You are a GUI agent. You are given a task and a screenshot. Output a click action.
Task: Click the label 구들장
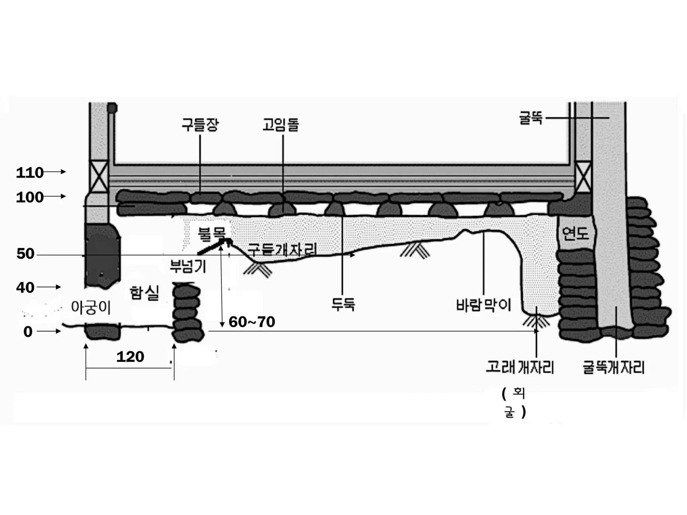[200, 125]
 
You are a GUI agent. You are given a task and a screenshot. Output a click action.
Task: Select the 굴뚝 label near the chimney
[531, 118]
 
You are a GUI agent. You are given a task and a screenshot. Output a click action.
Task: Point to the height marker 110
[30, 172]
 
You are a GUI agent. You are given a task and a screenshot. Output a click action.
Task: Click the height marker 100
[30, 197]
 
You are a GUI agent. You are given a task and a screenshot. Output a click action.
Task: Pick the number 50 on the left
[25, 254]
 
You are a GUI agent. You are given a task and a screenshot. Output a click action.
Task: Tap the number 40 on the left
[25, 288]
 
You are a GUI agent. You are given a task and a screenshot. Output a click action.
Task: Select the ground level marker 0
[28, 332]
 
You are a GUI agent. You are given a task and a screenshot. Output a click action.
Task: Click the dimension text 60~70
[252, 322]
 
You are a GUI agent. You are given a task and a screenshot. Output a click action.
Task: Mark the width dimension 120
[130, 357]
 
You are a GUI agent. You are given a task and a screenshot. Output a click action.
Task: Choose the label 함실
[144, 293]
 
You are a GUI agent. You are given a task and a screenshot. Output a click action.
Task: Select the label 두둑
[343, 304]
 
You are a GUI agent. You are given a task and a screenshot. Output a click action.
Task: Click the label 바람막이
[483, 305]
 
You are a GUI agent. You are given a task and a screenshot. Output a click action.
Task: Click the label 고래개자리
[520, 367]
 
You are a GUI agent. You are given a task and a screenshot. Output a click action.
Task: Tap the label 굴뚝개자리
[614, 367]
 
